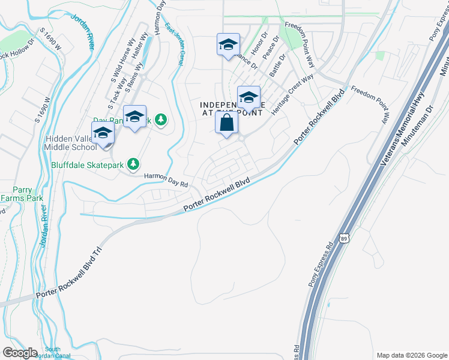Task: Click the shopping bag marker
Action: pyautogui.click(x=227, y=124)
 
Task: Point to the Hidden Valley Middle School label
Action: pyautogui.click(x=71, y=143)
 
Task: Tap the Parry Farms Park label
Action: pyautogui.click(x=22, y=193)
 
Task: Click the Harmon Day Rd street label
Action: pyautogui.click(x=166, y=179)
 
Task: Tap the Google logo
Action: pyautogui.click(x=20, y=353)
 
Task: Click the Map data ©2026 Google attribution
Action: pyautogui.click(x=411, y=355)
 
